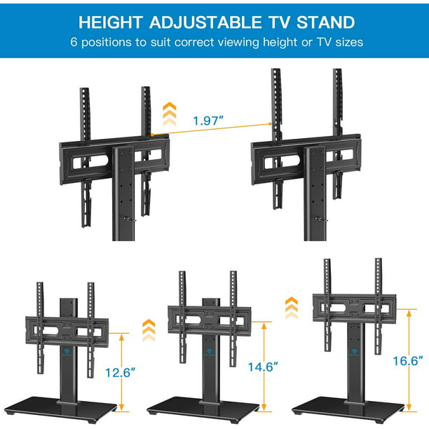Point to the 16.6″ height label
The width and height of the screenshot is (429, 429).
tap(408, 360)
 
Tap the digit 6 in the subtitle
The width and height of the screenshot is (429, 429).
tap(74, 43)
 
